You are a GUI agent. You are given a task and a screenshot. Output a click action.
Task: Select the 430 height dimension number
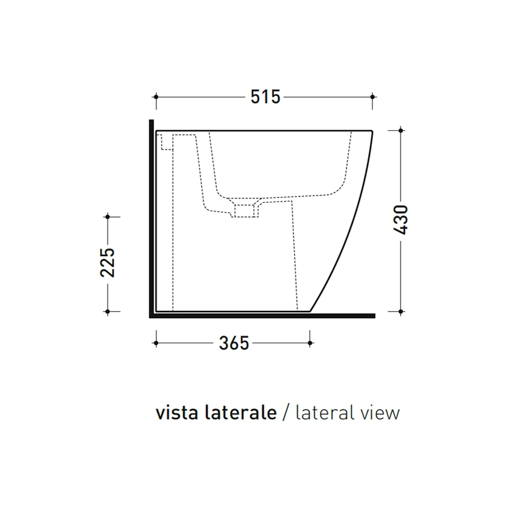(401, 220)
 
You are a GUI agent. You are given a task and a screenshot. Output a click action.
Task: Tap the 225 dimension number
(107, 263)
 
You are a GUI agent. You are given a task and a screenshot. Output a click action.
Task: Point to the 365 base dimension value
(234, 343)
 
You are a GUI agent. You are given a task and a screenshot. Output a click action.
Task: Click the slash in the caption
(286, 413)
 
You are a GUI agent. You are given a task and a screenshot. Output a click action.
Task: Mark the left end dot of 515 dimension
(156, 96)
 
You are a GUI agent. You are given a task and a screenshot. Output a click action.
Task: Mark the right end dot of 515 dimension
(372, 96)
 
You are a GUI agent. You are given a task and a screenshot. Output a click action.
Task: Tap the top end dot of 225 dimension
(107, 215)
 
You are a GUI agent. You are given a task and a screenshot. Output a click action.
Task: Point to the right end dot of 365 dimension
(310, 343)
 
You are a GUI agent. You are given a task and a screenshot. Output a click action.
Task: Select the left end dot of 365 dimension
(156, 343)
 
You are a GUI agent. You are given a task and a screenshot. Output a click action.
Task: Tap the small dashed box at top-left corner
(167, 142)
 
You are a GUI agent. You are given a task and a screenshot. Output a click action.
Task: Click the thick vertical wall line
(150, 217)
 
